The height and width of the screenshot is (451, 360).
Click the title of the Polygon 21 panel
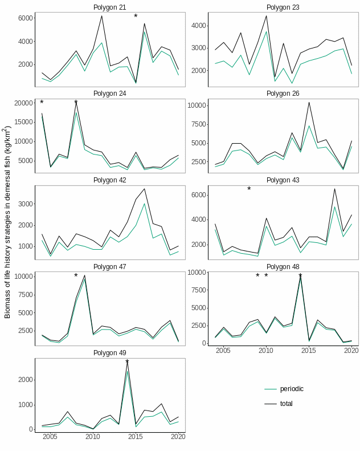click(110, 7)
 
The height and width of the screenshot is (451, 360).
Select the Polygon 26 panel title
click(283, 94)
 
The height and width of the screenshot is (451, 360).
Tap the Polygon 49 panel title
click(110, 353)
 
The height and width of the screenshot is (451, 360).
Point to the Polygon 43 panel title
click(283, 180)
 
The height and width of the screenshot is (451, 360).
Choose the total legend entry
click(287, 404)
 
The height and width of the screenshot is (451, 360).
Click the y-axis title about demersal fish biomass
click(7, 222)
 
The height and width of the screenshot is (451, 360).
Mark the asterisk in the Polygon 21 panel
click(136, 17)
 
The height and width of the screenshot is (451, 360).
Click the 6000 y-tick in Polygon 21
click(24, 18)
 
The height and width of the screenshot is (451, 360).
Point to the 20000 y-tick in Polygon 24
click(22, 103)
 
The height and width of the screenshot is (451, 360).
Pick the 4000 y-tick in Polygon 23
click(198, 26)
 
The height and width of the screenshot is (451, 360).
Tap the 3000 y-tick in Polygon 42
click(24, 204)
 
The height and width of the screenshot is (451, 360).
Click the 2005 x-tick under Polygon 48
click(223, 350)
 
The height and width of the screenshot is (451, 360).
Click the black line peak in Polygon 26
click(309, 103)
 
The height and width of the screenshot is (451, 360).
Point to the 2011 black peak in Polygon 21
click(101, 16)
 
